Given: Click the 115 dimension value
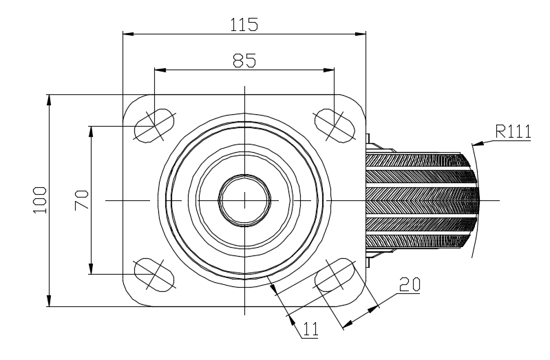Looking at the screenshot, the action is pos(244,25).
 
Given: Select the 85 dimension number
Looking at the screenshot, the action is pos(244,61).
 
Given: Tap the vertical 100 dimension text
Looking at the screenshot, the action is pos(40,200).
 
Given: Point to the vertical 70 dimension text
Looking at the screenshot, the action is pos(81,200).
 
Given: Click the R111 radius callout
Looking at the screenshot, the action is pos(513,131).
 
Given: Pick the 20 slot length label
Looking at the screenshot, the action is pos(410,284).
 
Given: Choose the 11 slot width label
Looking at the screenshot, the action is pos(310,329).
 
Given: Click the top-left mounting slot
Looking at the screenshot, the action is pos(154,125).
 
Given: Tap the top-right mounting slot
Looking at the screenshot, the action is pos(335,125).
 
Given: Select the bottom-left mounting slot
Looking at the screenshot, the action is pos(154,275).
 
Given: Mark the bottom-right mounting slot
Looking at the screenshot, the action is pos(335,275).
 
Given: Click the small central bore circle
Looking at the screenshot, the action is pos(245,200).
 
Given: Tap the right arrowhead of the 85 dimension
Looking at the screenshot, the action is pos(328,70).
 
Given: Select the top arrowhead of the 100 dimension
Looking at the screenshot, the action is pos(49,100).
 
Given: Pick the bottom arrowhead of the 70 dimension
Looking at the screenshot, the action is pos(91,268).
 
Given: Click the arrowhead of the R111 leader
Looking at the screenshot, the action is pos(478,143).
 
